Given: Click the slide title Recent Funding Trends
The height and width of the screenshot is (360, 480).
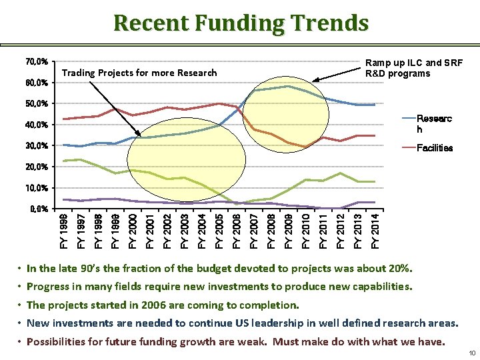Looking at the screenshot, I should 241,23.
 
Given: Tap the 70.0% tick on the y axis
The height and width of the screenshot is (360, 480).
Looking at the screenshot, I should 36,62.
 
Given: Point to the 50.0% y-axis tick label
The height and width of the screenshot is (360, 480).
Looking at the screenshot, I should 36,104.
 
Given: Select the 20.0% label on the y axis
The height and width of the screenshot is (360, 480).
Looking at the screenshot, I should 36,167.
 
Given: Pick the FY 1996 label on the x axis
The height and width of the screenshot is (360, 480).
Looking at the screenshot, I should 63,231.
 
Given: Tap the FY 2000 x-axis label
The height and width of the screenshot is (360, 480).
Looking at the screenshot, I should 133,231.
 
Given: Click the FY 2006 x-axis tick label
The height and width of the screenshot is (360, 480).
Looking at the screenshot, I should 237,231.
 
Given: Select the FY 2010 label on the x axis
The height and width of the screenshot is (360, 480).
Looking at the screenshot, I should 306,231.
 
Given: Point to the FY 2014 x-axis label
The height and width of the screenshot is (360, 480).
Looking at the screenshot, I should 375,231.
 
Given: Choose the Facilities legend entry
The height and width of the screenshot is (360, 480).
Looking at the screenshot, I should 434,148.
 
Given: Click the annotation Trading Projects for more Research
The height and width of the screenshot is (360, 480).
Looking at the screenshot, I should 139,73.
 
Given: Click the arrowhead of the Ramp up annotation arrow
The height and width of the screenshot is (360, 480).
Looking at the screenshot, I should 315,81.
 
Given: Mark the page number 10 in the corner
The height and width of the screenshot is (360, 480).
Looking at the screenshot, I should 471,353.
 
